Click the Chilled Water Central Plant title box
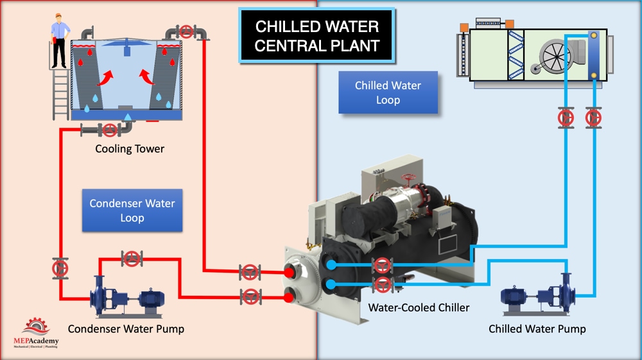coord(317,35)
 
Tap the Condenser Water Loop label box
coord(132,210)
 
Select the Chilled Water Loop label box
coord(388,92)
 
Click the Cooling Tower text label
coord(130,149)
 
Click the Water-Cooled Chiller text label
coord(419,307)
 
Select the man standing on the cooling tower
coord(60,40)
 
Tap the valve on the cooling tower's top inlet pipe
coord(186,31)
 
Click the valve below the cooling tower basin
coord(110,130)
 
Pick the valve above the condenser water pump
coord(132,259)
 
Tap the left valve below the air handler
coord(566,117)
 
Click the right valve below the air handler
coord(593,117)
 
